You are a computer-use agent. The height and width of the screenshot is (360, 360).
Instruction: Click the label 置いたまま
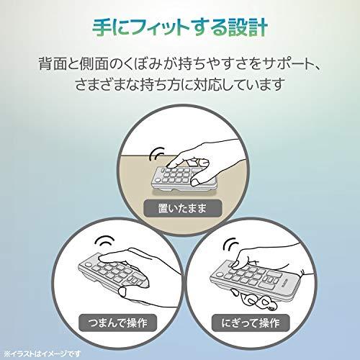pos(182,208)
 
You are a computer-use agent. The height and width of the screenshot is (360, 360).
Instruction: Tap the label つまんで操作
pos(117,323)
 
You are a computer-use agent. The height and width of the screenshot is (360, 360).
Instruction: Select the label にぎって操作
pos(251,323)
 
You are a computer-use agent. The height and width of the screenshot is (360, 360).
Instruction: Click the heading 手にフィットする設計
pos(180,28)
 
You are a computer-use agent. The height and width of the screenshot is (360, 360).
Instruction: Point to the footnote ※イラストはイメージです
pos(42,354)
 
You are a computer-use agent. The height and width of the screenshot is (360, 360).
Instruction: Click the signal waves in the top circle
pos(156,153)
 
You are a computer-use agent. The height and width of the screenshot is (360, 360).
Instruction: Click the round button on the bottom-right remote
pos(219,275)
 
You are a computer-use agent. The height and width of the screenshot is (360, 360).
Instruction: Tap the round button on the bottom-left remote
pos(88,265)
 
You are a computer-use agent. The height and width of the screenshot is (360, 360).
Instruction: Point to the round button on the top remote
pos(158,180)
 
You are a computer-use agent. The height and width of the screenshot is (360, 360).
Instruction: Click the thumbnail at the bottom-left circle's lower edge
pos(122,292)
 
